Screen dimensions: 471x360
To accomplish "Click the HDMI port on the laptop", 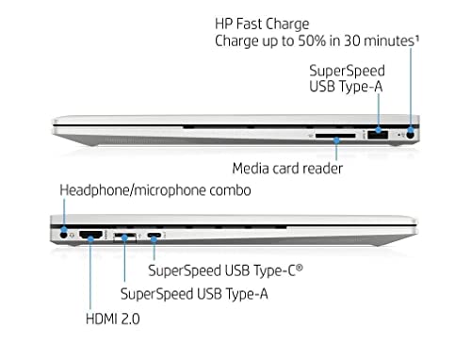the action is pyautogui.click(x=91, y=235).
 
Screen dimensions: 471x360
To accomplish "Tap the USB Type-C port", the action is pyautogui.click(x=154, y=235).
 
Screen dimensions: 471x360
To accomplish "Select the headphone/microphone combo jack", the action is pyautogui.click(x=64, y=235).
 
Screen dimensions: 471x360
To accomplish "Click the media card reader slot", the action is pyautogui.click(x=335, y=136).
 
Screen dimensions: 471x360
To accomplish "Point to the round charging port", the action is pyautogui.click(x=411, y=135).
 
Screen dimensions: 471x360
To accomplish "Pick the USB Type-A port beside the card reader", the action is pyautogui.click(x=378, y=135).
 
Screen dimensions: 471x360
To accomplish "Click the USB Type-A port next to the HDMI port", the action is pyautogui.click(x=124, y=237).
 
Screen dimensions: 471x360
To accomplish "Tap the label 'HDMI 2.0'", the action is pyautogui.click(x=113, y=319).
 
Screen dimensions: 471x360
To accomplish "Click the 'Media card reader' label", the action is pyautogui.click(x=287, y=169).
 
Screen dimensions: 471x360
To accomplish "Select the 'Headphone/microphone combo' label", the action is pyautogui.click(x=155, y=190).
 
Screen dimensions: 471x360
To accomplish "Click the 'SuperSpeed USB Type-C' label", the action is pyautogui.click(x=225, y=270).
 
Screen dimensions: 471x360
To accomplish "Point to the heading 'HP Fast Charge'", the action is pyautogui.click(x=262, y=25).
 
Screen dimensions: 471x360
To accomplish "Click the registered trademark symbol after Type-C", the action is pyautogui.click(x=300, y=268).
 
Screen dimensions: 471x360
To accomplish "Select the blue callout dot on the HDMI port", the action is pyautogui.click(x=90, y=239).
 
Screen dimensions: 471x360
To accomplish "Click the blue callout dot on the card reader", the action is pyautogui.click(x=336, y=140).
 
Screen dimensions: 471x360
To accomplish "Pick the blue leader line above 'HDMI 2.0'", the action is pyautogui.click(x=90, y=275).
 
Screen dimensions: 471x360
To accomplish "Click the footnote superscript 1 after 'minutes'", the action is pyautogui.click(x=417, y=38).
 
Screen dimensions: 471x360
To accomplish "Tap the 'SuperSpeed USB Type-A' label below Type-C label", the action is pyautogui.click(x=194, y=294).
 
